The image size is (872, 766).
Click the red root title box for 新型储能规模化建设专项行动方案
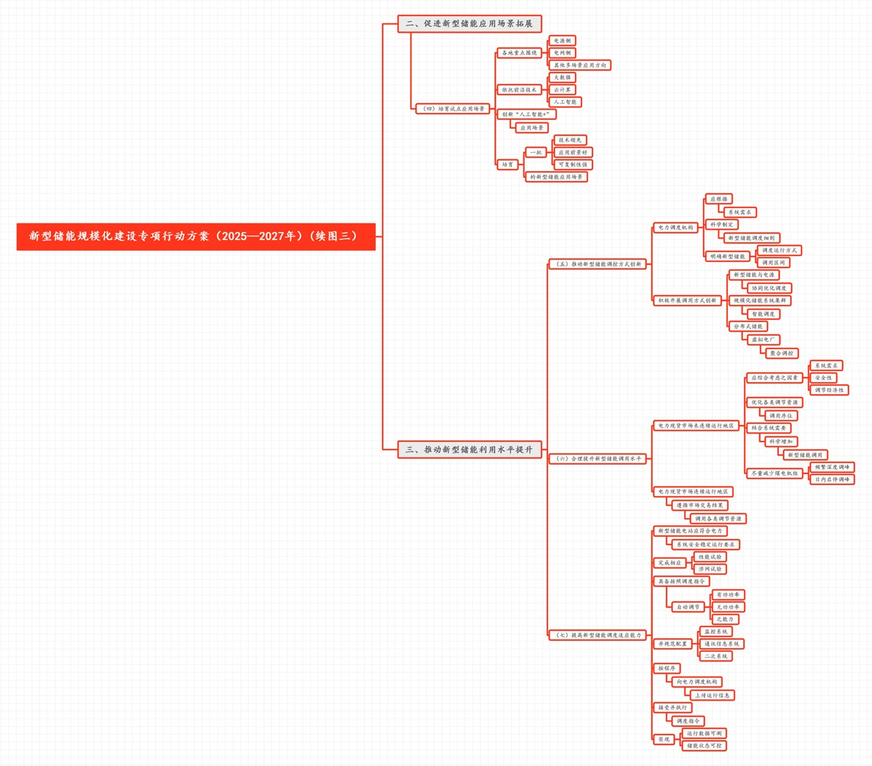point(195,236)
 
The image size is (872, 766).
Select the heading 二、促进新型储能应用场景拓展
point(469,23)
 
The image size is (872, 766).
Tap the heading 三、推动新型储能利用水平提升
point(469,450)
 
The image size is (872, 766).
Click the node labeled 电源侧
point(561,41)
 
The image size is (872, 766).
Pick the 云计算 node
point(562,89)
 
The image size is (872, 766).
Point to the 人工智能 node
point(565,102)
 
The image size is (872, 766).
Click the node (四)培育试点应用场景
point(452,108)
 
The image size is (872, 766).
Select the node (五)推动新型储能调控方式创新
point(598,264)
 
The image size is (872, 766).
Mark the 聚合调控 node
point(782,353)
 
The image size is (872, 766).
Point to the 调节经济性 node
point(829,390)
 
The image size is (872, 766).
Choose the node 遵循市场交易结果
point(699,505)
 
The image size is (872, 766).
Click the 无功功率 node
point(728,607)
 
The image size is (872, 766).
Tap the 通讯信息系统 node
point(722,644)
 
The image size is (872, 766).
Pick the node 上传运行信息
point(711,695)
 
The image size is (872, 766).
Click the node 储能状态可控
point(704,746)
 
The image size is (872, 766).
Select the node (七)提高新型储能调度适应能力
point(598,635)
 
